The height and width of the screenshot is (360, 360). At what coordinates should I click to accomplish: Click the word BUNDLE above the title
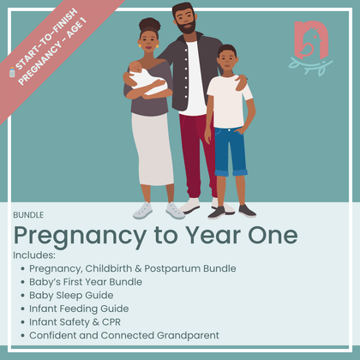click(28, 214)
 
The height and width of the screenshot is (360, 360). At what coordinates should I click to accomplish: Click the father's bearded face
click(183, 21)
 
